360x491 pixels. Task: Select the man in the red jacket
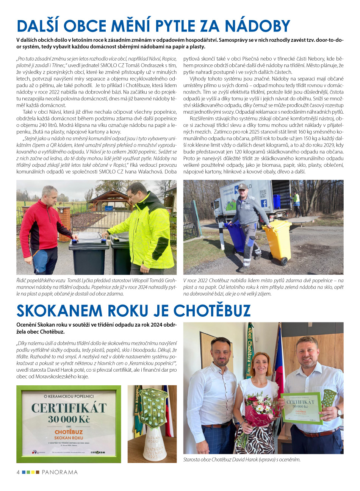44,227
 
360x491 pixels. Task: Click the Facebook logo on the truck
264,203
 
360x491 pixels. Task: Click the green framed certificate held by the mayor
301,408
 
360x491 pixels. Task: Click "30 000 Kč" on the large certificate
69,419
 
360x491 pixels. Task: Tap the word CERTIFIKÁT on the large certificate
69,408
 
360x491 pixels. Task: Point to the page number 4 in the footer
18,472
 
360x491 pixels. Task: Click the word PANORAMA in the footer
59,472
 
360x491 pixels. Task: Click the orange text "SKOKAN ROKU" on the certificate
69,438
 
